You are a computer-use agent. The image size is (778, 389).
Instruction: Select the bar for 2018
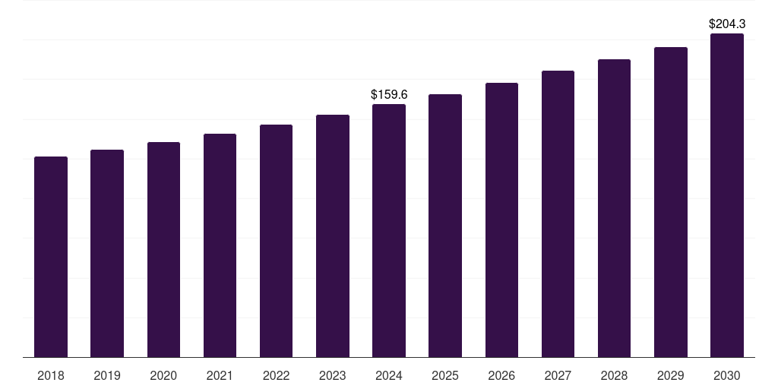click(51, 257)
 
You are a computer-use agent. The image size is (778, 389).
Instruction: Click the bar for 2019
click(107, 254)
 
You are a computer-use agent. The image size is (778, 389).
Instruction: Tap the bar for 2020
click(164, 249)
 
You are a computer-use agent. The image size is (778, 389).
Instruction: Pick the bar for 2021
click(220, 245)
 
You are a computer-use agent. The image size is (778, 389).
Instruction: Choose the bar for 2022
click(276, 241)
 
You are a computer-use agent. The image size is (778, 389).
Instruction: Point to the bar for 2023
click(333, 236)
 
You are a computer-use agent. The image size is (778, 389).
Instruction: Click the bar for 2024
click(389, 231)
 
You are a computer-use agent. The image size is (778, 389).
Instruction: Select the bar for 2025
click(445, 226)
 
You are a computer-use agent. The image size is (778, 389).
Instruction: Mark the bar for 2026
click(501, 220)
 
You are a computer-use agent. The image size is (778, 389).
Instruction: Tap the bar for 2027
click(558, 213)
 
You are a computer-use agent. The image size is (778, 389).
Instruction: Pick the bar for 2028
click(614, 208)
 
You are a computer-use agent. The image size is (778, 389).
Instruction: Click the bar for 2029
click(671, 202)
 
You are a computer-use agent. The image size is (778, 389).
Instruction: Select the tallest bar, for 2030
click(727, 195)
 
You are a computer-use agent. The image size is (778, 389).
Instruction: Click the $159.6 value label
click(389, 94)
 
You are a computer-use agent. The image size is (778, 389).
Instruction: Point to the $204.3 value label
click(727, 24)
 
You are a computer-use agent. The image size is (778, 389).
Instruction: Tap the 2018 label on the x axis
click(51, 376)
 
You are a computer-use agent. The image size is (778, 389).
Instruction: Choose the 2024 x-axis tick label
click(389, 376)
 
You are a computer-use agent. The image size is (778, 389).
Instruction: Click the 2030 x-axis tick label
click(727, 376)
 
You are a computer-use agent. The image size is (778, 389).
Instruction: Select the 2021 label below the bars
click(220, 376)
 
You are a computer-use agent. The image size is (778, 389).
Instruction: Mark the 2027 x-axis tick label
click(558, 376)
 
